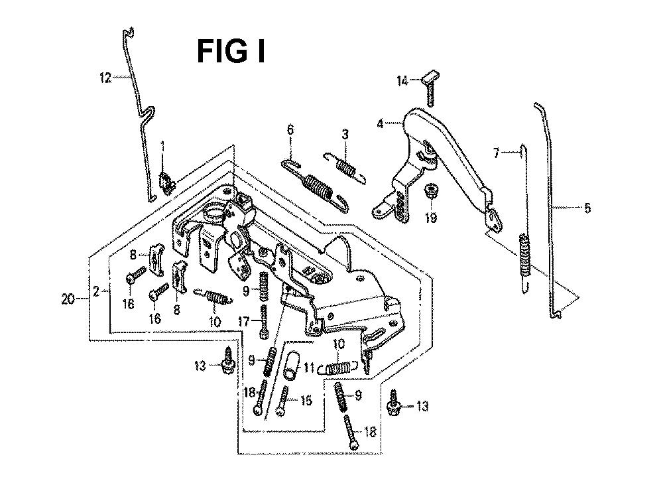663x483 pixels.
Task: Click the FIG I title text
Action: coord(231,51)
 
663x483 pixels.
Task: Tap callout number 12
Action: coord(104,78)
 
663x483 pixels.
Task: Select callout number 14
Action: coord(402,81)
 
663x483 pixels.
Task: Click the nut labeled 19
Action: coord(430,192)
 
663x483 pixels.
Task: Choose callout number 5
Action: coord(586,208)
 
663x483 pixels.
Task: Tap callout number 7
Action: coord(497,154)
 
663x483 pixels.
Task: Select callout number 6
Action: coord(290,131)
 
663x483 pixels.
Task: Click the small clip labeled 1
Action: coord(167,181)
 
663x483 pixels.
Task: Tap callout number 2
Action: coord(97,291)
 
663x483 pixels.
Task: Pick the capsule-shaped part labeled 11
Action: coord(290,367)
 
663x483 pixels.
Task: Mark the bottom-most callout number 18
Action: coord(370,432)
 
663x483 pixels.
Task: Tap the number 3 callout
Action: coord(345,135)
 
